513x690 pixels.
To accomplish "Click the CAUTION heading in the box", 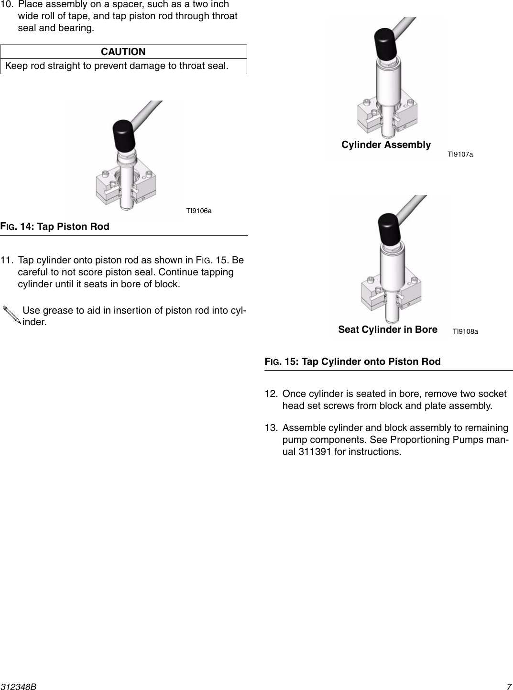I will point(123,52).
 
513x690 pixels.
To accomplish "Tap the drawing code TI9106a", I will point(198,211).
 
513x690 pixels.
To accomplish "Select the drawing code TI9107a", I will point(460,154).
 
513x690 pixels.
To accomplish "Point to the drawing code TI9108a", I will point(465,331).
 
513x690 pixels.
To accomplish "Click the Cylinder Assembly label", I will point(386,145).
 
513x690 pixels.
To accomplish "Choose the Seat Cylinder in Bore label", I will point(387,329).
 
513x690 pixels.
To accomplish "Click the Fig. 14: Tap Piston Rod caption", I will point(55,226).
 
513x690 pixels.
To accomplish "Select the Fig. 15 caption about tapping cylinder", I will point(353,362).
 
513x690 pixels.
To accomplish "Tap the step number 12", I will point(271,394).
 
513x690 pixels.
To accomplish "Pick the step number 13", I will point(271,428).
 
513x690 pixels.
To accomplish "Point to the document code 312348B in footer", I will point(19,686).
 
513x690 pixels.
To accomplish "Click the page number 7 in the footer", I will point(509,686).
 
